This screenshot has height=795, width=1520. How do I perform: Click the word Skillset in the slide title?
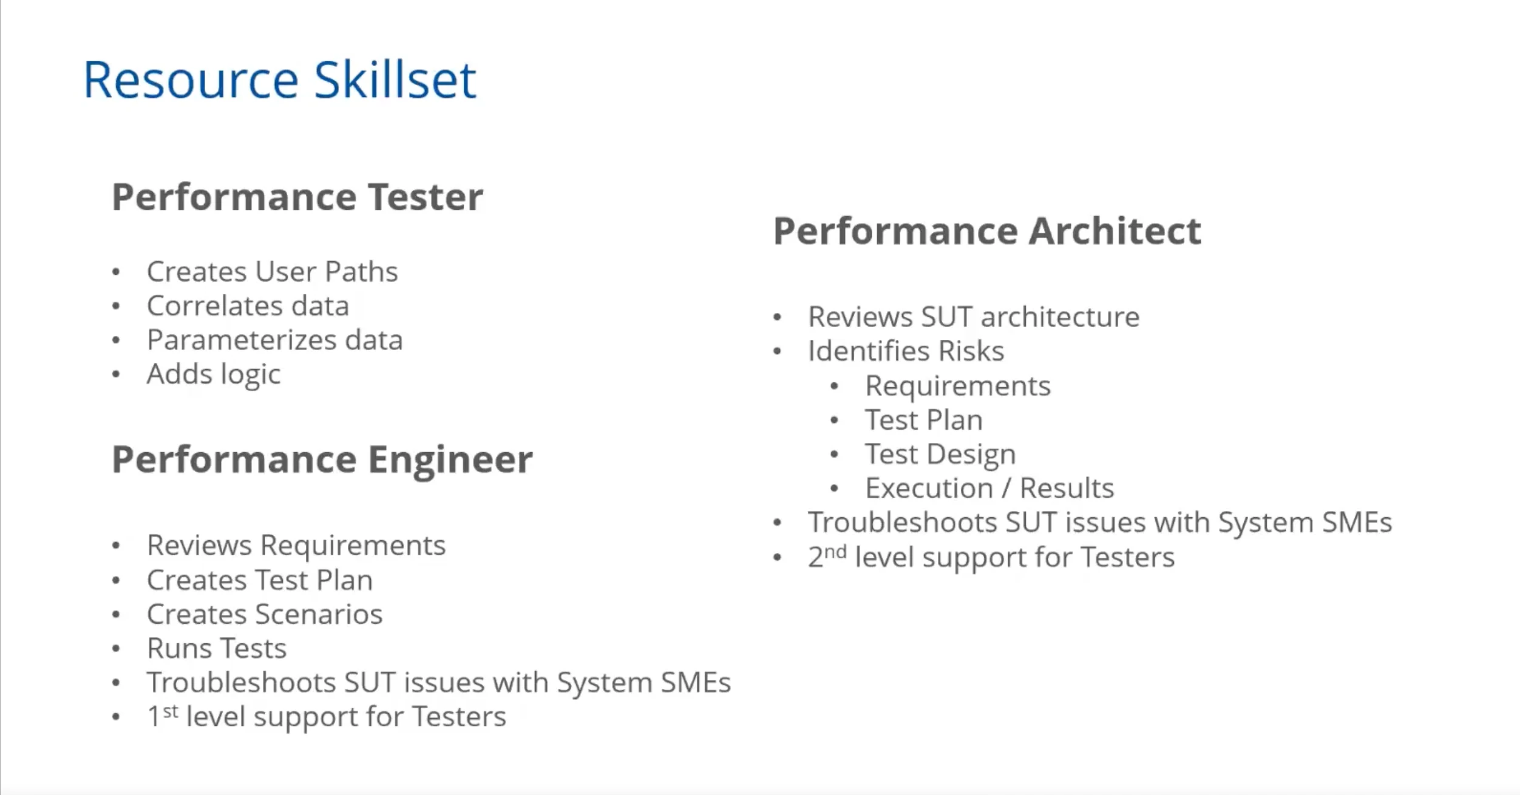click(x=395, y=80)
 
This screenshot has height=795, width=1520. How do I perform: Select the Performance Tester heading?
click(x=297, y=197)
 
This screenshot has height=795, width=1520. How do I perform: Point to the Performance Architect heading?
click(x=987, y=231)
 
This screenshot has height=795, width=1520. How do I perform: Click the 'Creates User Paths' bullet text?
click(x=273, y=271)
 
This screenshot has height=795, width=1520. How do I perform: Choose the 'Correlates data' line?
click(x=248, y=305)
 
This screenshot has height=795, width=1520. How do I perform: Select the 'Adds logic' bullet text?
click(x=214, y=374)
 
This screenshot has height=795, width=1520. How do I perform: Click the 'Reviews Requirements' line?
click(x=296, y=546)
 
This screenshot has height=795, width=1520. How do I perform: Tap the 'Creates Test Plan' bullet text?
click(x=260, y=580)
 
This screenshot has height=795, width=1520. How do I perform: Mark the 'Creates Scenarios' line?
click(x=265, y=614)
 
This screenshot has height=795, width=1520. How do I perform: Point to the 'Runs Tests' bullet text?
click(x=217, y=648)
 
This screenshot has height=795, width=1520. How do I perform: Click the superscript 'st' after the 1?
click(x=171, y=711)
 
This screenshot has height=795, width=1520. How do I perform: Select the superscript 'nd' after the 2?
click(x=835, y=552)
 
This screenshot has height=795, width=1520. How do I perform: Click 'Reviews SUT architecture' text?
click(x=974, y=317)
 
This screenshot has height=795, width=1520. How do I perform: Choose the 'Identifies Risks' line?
click(x=906, y=351)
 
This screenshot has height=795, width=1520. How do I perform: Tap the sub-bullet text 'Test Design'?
click(x=940, y=455)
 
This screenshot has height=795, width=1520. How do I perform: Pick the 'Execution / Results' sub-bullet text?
click(x=989, y=488)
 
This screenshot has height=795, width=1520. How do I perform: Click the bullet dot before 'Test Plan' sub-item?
click(x=835, y=420)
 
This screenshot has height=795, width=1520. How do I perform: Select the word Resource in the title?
click(x=191, y=80)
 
